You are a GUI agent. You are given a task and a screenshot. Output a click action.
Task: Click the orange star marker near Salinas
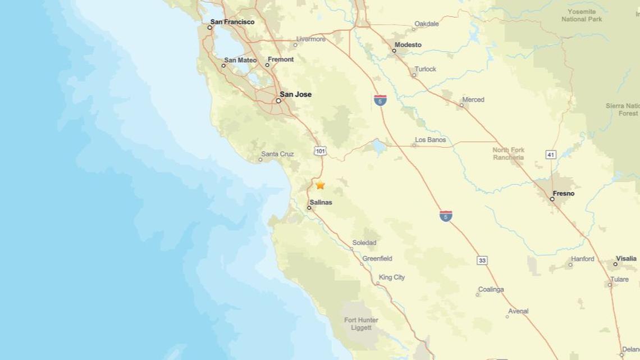(320, 185)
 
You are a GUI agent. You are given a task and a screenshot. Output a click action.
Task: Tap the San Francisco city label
(232, 22)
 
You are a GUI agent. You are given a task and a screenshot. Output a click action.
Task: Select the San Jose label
(295, 94)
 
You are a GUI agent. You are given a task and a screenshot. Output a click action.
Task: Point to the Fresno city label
(563, 193)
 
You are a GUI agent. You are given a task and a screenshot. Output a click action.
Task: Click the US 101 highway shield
(320, 151)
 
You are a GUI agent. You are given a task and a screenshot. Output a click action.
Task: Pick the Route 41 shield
(551, 154)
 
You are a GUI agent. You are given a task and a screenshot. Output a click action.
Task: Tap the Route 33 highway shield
(482, 260)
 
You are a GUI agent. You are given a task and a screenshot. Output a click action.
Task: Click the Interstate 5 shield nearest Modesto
(380, 101)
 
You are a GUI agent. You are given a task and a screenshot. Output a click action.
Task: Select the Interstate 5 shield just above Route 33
(446, 216)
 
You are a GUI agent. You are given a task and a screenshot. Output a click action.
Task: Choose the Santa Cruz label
(277, 154)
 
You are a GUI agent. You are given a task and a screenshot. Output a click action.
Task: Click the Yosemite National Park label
(582, 15)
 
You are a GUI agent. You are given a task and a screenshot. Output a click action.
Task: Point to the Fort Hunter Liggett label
(361, 324)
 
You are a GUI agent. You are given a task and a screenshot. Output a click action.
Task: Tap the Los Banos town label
(431, 140)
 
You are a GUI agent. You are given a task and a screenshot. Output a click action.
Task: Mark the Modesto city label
(408, 45)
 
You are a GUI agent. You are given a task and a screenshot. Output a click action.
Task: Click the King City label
(392, 277)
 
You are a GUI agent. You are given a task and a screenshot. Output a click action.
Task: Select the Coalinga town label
(491, 290)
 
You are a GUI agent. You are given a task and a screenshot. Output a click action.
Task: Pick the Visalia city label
(626, 259)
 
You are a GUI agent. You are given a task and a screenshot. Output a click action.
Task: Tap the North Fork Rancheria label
(508, 153)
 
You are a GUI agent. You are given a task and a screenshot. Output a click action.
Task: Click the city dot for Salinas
(309, 208)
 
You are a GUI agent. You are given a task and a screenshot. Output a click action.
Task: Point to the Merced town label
(473, 99)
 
